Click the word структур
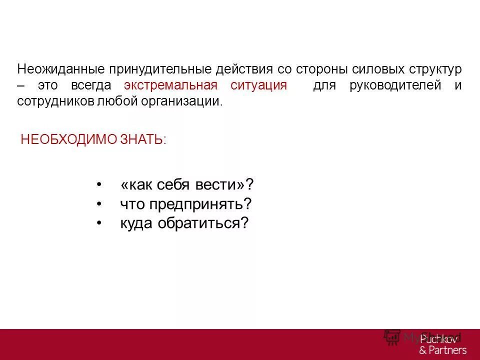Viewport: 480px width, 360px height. click(x=432, y=69)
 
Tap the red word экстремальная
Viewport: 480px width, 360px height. click(x=171, y=85)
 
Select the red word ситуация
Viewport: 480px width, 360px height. click(x=258, y=85)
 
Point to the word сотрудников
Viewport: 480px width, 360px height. click(x=55, y=101)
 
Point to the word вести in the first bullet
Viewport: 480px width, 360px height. click(x=224, y=185)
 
